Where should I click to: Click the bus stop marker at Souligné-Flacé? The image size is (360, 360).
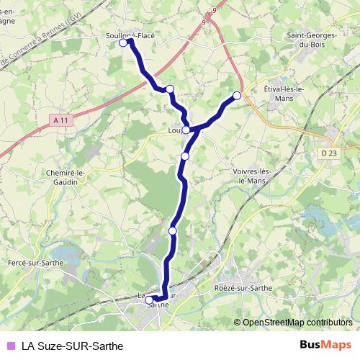pyautogui.click(x=122, y=43)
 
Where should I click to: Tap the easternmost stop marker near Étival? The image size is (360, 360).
pyautogui.click(x=237, y=95)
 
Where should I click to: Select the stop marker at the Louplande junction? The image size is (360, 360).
pyautogui.click(x=186, y=130)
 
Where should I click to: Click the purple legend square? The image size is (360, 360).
pyautogui.click(x=11, y=346)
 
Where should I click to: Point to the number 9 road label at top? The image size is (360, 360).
pyautogui.click(x=214, y=10)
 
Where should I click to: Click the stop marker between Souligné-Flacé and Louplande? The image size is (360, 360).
pyautogui.click(x=170, y=89)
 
